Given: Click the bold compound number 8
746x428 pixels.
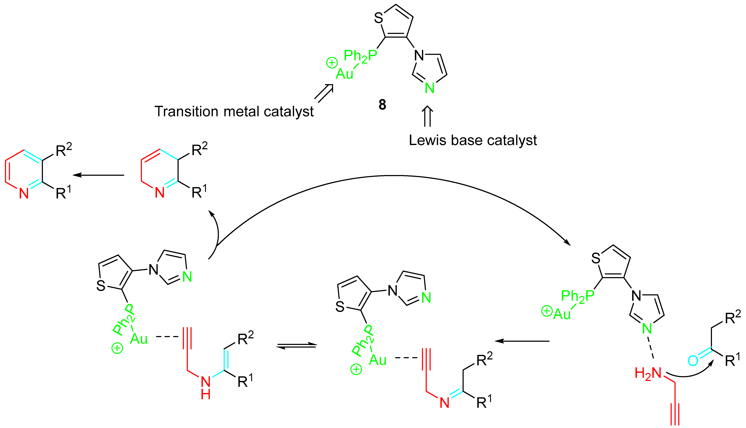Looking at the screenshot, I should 382,105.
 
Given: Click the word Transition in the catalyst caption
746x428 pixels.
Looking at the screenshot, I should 186,112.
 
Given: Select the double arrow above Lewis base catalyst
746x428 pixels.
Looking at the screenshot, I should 427,116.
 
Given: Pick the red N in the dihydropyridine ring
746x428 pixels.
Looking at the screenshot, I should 159,193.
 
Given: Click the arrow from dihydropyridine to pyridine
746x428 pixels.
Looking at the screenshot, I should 98,175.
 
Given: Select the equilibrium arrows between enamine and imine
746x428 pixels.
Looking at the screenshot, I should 297,346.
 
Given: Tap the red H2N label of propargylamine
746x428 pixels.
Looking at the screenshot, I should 648,373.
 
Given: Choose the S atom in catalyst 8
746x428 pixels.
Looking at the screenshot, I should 378,18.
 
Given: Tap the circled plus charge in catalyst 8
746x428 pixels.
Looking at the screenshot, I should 332,63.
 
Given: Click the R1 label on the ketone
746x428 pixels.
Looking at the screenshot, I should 733,360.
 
